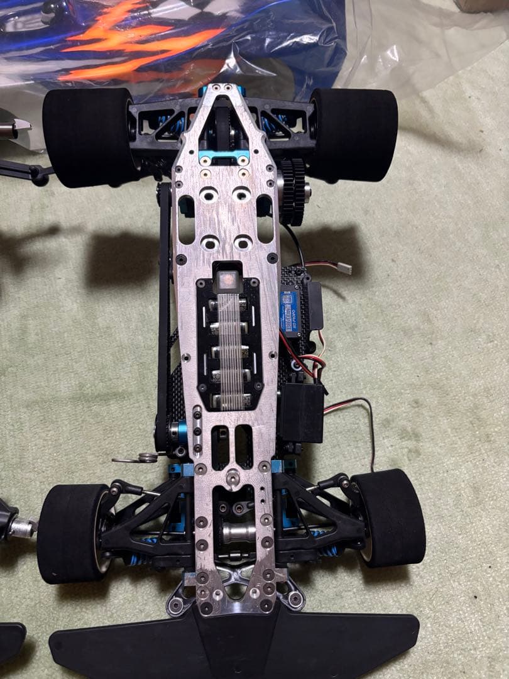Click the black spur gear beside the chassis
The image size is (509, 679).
point(292,190)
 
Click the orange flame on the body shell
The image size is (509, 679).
point(145,44)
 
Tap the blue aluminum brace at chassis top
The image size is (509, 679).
point(223,155)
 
